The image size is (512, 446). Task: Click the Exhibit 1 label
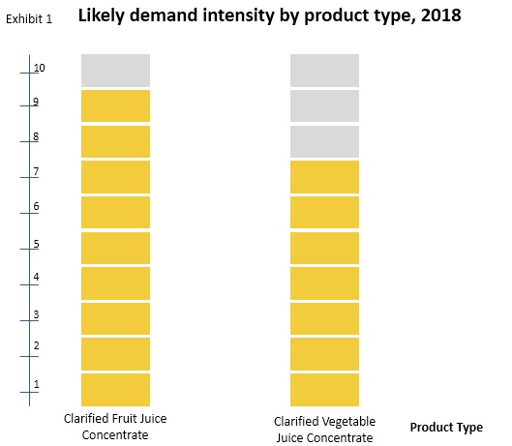pos(28,18)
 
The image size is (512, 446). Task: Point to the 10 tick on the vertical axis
pos(39,69)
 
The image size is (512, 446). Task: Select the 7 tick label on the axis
pos(36,172)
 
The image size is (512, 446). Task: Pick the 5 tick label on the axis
pos(36,244)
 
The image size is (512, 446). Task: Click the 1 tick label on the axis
pos(36,384)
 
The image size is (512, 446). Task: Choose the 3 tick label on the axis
pos(36,314)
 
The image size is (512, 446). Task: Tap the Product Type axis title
pos(446,427)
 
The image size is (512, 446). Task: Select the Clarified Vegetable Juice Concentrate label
pos(324,429)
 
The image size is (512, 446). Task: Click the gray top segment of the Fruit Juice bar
pos(115,70)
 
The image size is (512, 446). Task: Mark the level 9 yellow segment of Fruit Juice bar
pos(115,105)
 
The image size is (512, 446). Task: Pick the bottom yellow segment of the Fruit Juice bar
pos(115,388)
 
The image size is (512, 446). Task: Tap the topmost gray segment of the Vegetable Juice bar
pos(324,70)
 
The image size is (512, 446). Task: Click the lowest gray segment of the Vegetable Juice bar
pos(324,141)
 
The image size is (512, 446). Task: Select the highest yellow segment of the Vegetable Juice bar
pos(324,176)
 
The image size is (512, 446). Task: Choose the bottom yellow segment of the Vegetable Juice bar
pos(324,388)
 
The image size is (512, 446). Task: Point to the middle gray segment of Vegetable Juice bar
pos(324,105)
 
